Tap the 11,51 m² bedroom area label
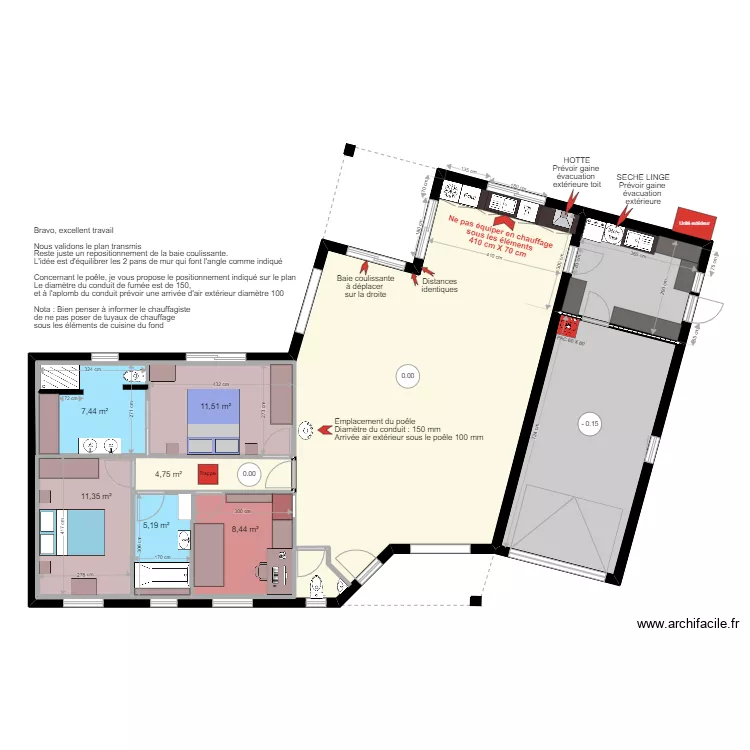[x=215, y=406]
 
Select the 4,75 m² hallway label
[x=168, y=475]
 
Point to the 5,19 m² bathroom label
[x=156, y=524]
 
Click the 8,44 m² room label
[x=245, y=530]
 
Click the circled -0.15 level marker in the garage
[x=589, y=423]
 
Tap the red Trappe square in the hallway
[x=208, y=475]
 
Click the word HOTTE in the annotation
[x=577, y=160]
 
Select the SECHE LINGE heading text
[x=643, y=177]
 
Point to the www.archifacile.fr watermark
[x=689, y=623]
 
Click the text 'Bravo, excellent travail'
[x=73, y=230]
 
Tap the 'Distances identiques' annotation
[x=440, y=286]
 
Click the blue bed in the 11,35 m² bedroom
[x=72, y=532]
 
